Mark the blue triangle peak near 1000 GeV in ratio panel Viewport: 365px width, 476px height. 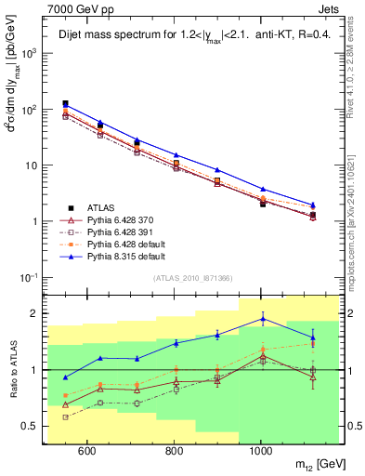click(263, 319)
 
